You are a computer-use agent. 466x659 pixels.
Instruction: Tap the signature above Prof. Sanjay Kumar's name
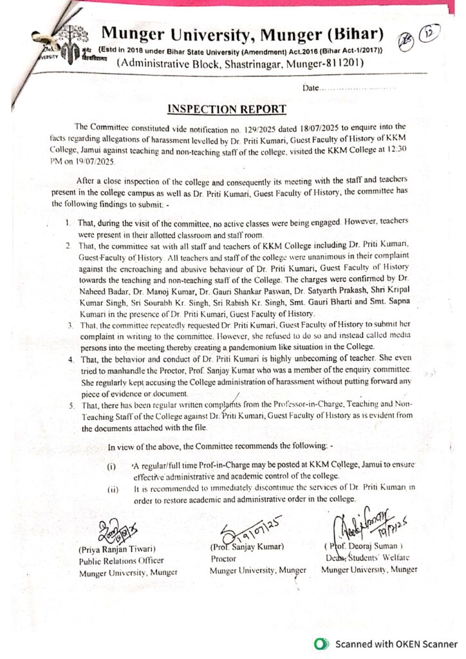point(248,533)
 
